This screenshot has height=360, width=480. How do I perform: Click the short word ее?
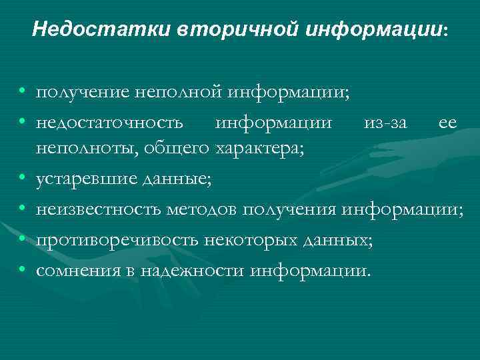447,122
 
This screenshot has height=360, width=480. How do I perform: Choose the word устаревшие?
87,179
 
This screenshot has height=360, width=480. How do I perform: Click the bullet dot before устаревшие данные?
23,179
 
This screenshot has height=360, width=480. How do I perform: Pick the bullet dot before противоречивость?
23,240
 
